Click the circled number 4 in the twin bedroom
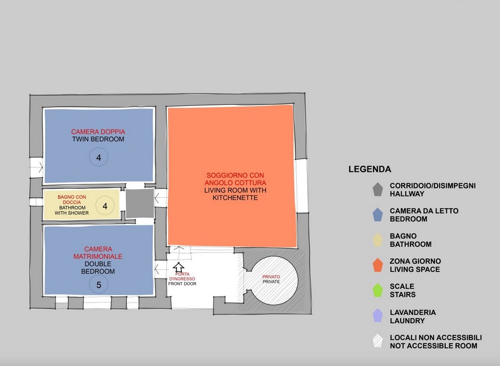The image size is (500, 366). (x=99, y=157)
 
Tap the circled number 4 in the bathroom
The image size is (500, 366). (x=105, y=206)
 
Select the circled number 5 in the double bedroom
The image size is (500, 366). (x=99, y=285)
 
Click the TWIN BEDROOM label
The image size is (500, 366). (x=98, y=139)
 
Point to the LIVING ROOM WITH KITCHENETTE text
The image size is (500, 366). (x=235, y=194)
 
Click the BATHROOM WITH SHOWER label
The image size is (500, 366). (x=72, y=210)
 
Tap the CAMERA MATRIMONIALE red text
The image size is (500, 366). (x=98, y=252)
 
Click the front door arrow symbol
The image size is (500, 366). (x=179, y=267)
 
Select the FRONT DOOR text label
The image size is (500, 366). (x=182, y=284)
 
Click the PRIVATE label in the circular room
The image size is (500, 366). (x=271, y=282)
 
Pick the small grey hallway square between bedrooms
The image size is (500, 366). (x=140, y=203)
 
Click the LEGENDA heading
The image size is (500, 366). (x=370, y=169)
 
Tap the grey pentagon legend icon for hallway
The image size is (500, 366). (x=378, y=189)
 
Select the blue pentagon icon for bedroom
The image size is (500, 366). (x=378, y=214)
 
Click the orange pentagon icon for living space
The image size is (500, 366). (x=378, y=265)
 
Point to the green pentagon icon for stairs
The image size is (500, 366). (x=378, y=290)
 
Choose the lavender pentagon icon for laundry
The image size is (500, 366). (x=378, y=315)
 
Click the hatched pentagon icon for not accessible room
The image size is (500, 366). (x=378, y=340)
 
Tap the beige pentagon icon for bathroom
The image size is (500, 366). (x=378, y=240)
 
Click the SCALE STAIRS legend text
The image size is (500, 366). (x=402, y=290)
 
